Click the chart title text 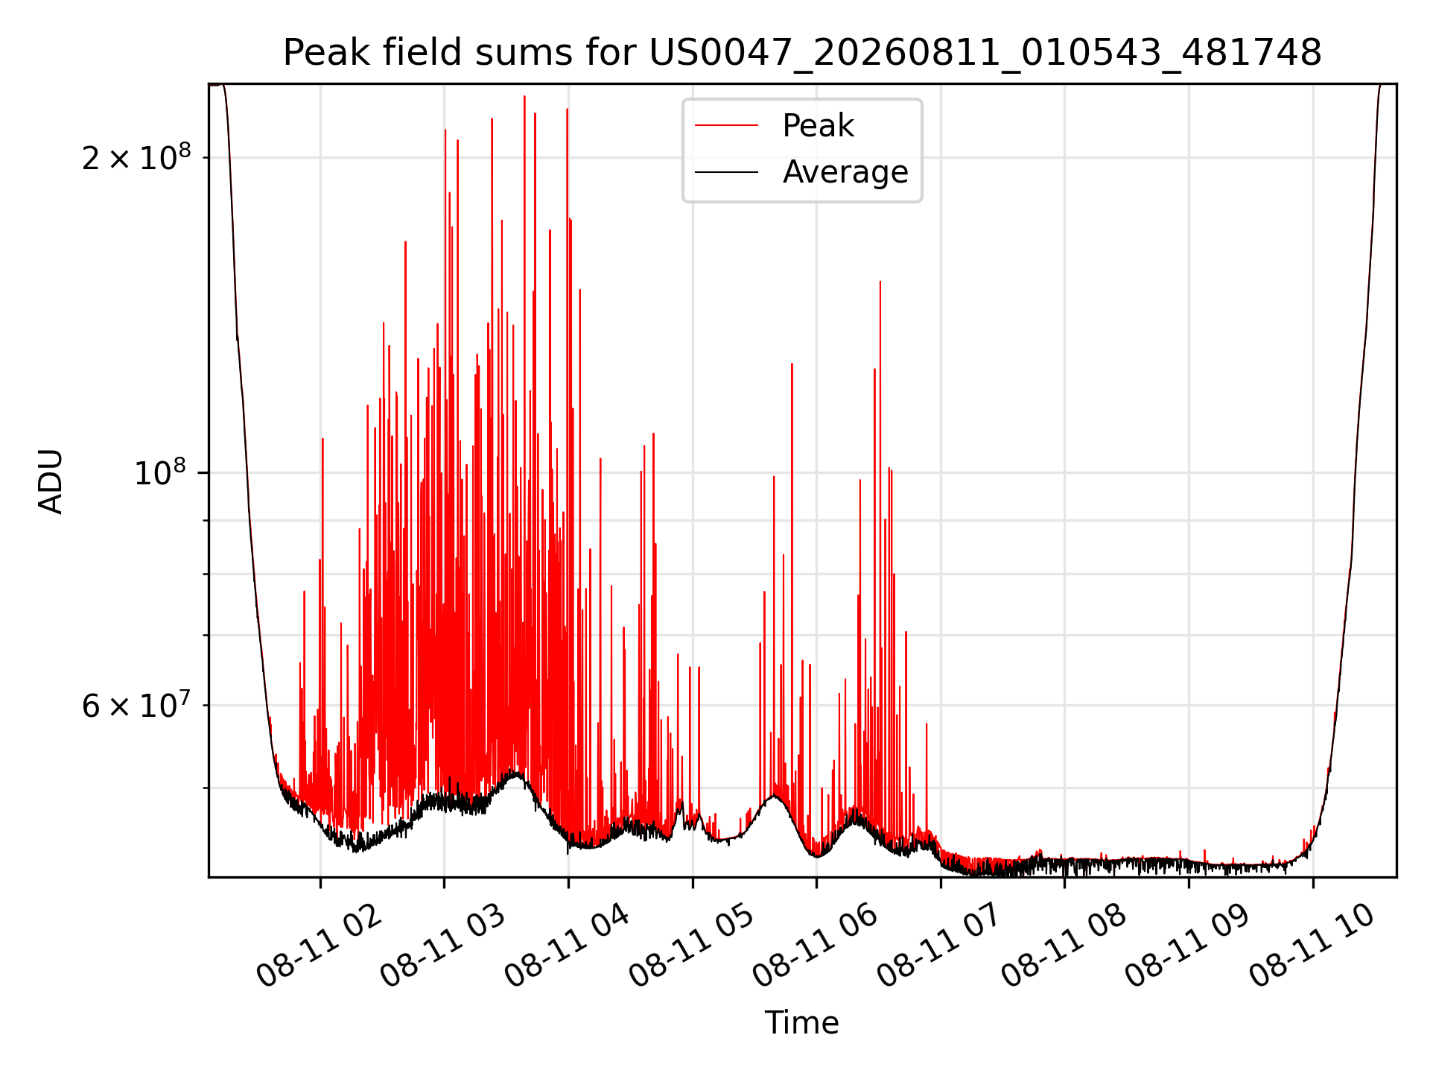point(802,53)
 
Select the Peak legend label point(818,126)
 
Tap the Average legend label point(845,172)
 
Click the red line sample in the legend point(726,126)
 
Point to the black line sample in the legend point(726,172)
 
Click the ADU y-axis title point(51,481)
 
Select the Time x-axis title point(802,1023)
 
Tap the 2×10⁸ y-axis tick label point(136,157)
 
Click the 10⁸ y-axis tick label point(162,472)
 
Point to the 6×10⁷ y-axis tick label point(136,705)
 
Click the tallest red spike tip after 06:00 point(880,282)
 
